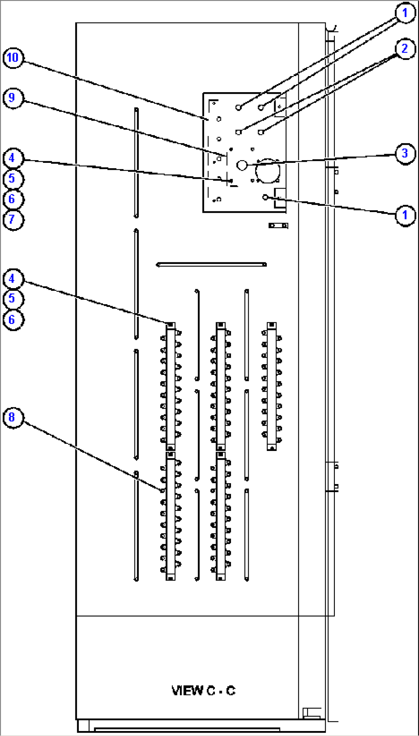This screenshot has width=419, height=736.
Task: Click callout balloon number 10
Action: (x=13, y=58)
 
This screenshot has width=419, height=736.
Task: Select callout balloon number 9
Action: (x=13, y=98)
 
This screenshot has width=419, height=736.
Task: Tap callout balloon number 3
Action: (x=405, y=154)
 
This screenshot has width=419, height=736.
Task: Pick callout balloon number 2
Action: (x=405, y=49)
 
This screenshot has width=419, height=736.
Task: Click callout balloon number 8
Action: (x=13, y=418)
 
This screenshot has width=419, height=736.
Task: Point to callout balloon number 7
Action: (x=13, y=220)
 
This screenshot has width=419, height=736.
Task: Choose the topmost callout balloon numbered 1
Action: (x=405, y=13)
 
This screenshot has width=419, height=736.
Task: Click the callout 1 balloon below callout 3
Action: (x=405, y=215)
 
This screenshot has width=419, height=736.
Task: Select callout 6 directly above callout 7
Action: (x=13, y=199)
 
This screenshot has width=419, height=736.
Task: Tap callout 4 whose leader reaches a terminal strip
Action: (x=13, y=279)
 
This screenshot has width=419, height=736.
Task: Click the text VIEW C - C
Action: (x=203, y=690)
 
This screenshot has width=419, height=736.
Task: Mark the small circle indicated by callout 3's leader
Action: (x=242, y=165)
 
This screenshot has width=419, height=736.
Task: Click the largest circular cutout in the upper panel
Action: (x=268, y=171)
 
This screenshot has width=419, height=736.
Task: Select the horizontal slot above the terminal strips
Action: (x=211, y=264)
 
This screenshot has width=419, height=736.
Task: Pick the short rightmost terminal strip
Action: (x=272, y=386)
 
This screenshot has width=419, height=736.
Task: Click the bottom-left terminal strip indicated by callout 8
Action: (x=171, y=516)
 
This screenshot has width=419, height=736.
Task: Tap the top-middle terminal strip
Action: (x=221, y=386)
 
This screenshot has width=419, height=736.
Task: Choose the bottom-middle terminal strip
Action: (x=221, y=516)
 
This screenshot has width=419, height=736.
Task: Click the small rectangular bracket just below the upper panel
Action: (x=278, y=225)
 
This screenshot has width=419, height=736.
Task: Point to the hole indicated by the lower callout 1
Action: (x=265, y=197)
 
